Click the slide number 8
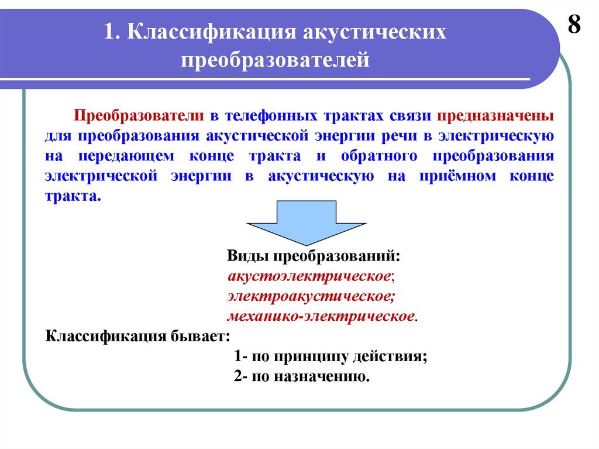[574, 26]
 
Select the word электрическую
[497, 136]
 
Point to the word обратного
[367, 156]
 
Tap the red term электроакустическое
[311, 296]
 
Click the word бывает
[200, 337]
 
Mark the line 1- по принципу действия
[330, 356]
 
